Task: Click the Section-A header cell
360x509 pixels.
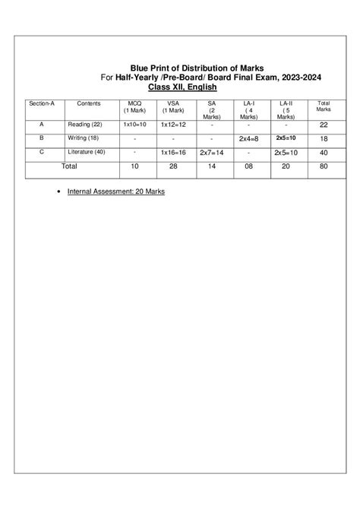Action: (42, 103)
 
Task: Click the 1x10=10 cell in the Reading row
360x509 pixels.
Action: (134, 125)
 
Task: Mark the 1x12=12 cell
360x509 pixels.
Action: (173, 125)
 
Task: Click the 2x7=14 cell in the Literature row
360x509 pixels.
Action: (210, 153)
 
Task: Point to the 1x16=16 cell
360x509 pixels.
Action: (173, 153)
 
